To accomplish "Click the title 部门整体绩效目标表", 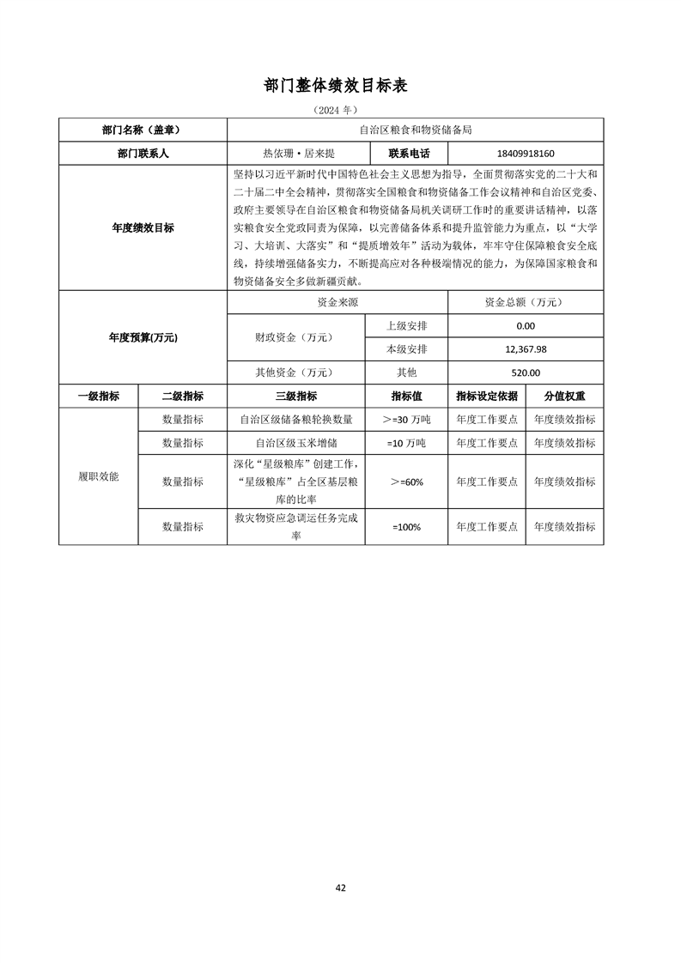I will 341,86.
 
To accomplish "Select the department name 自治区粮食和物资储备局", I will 415,130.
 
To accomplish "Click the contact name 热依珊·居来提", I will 297,154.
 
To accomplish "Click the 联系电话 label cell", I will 408,154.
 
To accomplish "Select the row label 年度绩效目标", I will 143,228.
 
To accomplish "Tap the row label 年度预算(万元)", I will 143,338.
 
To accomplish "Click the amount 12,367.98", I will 526,349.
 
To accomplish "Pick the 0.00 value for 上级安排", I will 526,326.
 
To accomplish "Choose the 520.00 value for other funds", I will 526,372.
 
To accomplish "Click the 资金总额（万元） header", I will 526,303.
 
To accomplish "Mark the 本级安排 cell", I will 406,349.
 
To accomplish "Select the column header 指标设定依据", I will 487,397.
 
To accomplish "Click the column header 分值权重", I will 564,397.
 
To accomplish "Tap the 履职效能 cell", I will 98,476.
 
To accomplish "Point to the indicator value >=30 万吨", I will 406,420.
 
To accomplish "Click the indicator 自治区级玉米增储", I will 295,443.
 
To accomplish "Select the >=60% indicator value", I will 406,482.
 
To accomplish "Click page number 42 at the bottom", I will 341,887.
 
